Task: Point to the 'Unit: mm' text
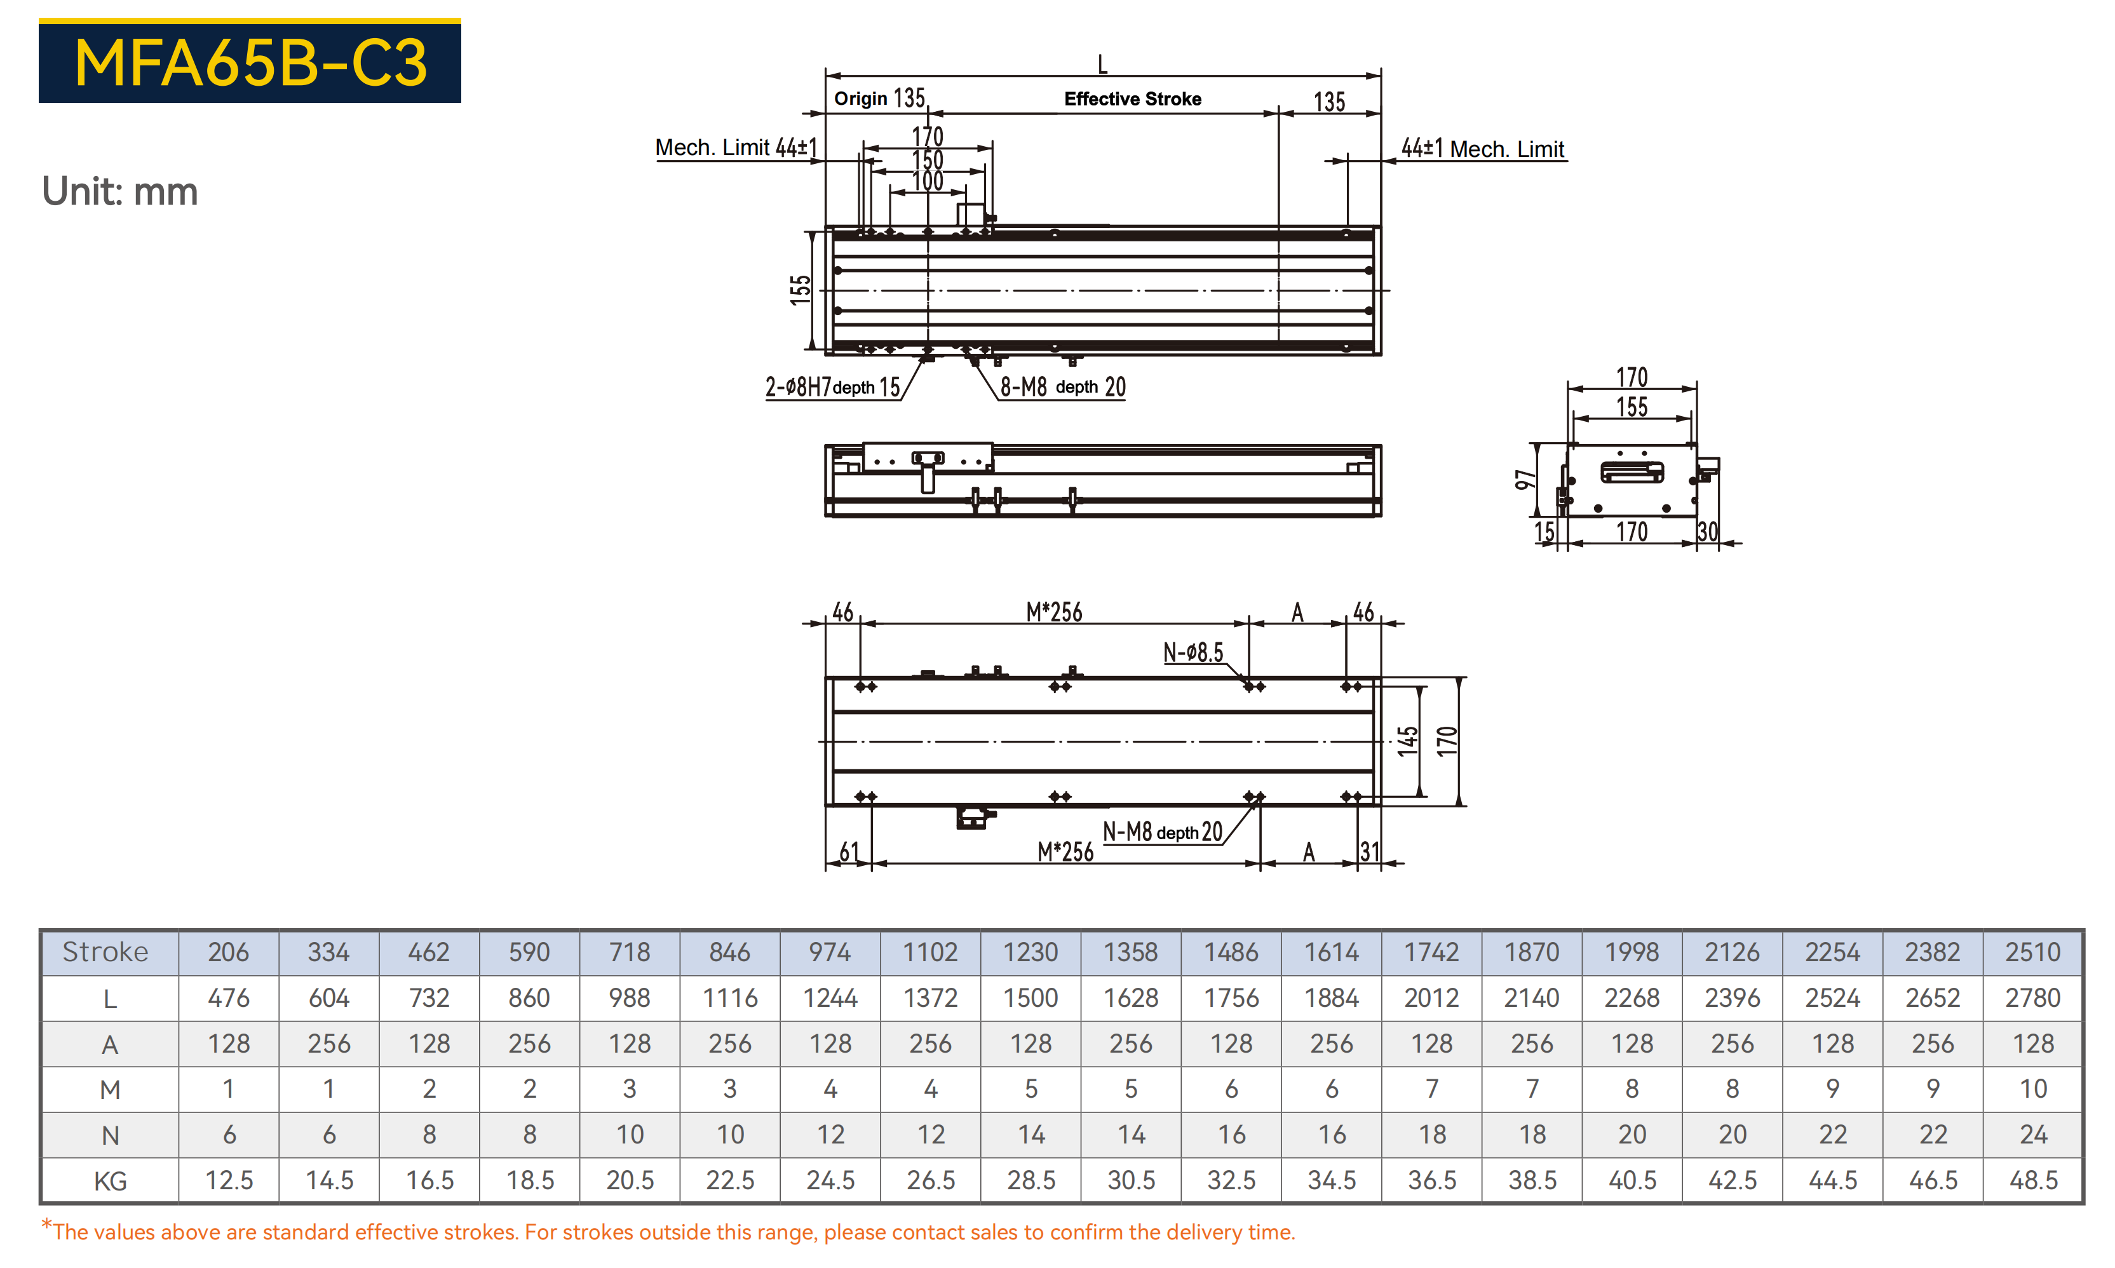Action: pos(119,191)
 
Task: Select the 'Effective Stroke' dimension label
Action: pos(1132,99)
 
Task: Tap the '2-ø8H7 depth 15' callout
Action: pos(833,387)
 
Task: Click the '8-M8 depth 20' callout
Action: pos(1063,387)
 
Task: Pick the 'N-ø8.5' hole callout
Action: pos(1193,653)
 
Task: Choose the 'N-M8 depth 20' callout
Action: pos(1162,832)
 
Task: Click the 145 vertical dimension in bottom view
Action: pos(1407,741)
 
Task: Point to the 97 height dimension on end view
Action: pos(1524,480)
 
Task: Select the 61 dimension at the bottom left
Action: pos(849,851)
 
